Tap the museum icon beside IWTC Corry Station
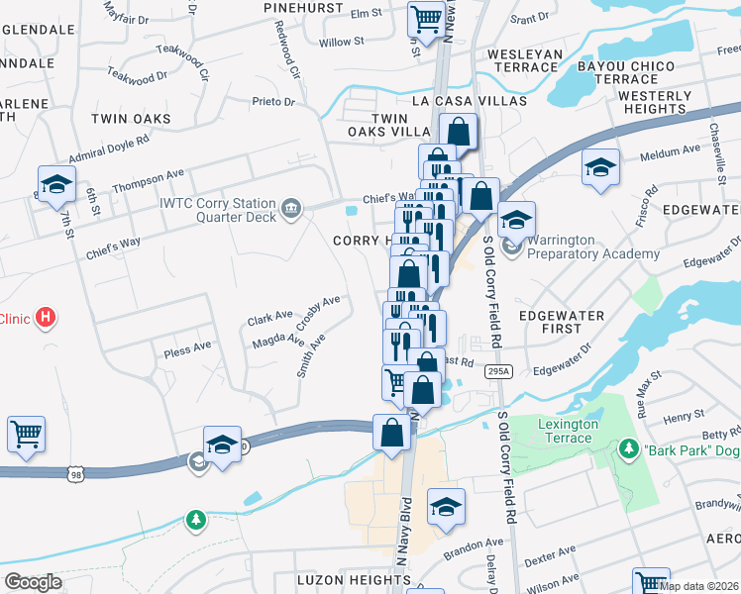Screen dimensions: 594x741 (x=290, y=207)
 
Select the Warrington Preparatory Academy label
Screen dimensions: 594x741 (x=592, y=247)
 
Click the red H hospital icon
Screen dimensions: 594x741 (x=44, y=318)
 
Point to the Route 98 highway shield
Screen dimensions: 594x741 (x=76, y=475)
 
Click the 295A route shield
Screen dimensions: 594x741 (x=498, y=371)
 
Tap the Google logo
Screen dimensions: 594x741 (x=33, y=582)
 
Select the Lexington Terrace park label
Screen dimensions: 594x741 (x=568, y=431)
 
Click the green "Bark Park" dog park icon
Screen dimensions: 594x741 (x=628, y=449)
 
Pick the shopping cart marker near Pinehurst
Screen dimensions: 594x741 (x=426, y=18)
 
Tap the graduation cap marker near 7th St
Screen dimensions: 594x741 (x=56, y=183)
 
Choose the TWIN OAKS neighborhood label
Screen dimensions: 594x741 (x=131, y=119)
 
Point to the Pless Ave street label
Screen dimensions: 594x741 (x=188, y=347)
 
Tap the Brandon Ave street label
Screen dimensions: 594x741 (x=474, y=545)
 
